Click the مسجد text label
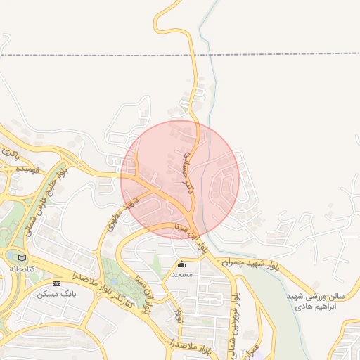(x=182, y=274)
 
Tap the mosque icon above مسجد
(x=182, y=264)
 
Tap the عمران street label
(x=255, y=350)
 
